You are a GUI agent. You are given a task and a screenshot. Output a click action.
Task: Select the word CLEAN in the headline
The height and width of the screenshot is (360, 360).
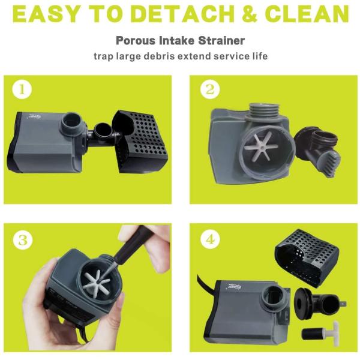click(x=307, y=14)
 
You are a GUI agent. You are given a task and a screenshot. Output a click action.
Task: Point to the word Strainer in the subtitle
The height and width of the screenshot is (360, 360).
click(x=221, y=41)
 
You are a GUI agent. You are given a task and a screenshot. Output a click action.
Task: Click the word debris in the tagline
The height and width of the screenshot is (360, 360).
click(x=160, y=56)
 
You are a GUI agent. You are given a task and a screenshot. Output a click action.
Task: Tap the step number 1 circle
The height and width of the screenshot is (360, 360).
click(x=22, y=89)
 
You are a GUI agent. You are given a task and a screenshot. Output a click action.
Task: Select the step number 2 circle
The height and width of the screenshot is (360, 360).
click(x=210, y=89)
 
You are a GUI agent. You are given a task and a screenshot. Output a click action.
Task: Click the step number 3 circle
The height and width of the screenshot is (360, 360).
click(x=23, y=240)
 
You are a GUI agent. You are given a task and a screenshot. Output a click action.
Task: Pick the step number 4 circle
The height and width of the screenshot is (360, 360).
click(x=210, y=240)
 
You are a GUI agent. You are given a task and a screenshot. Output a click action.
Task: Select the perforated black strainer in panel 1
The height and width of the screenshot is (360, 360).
click(x=140, y=141)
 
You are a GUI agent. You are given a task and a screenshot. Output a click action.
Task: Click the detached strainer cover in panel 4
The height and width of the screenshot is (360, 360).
click(x=307, y=257)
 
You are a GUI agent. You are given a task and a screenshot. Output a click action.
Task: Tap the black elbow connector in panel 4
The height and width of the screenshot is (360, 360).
click(x=320, y=303)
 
